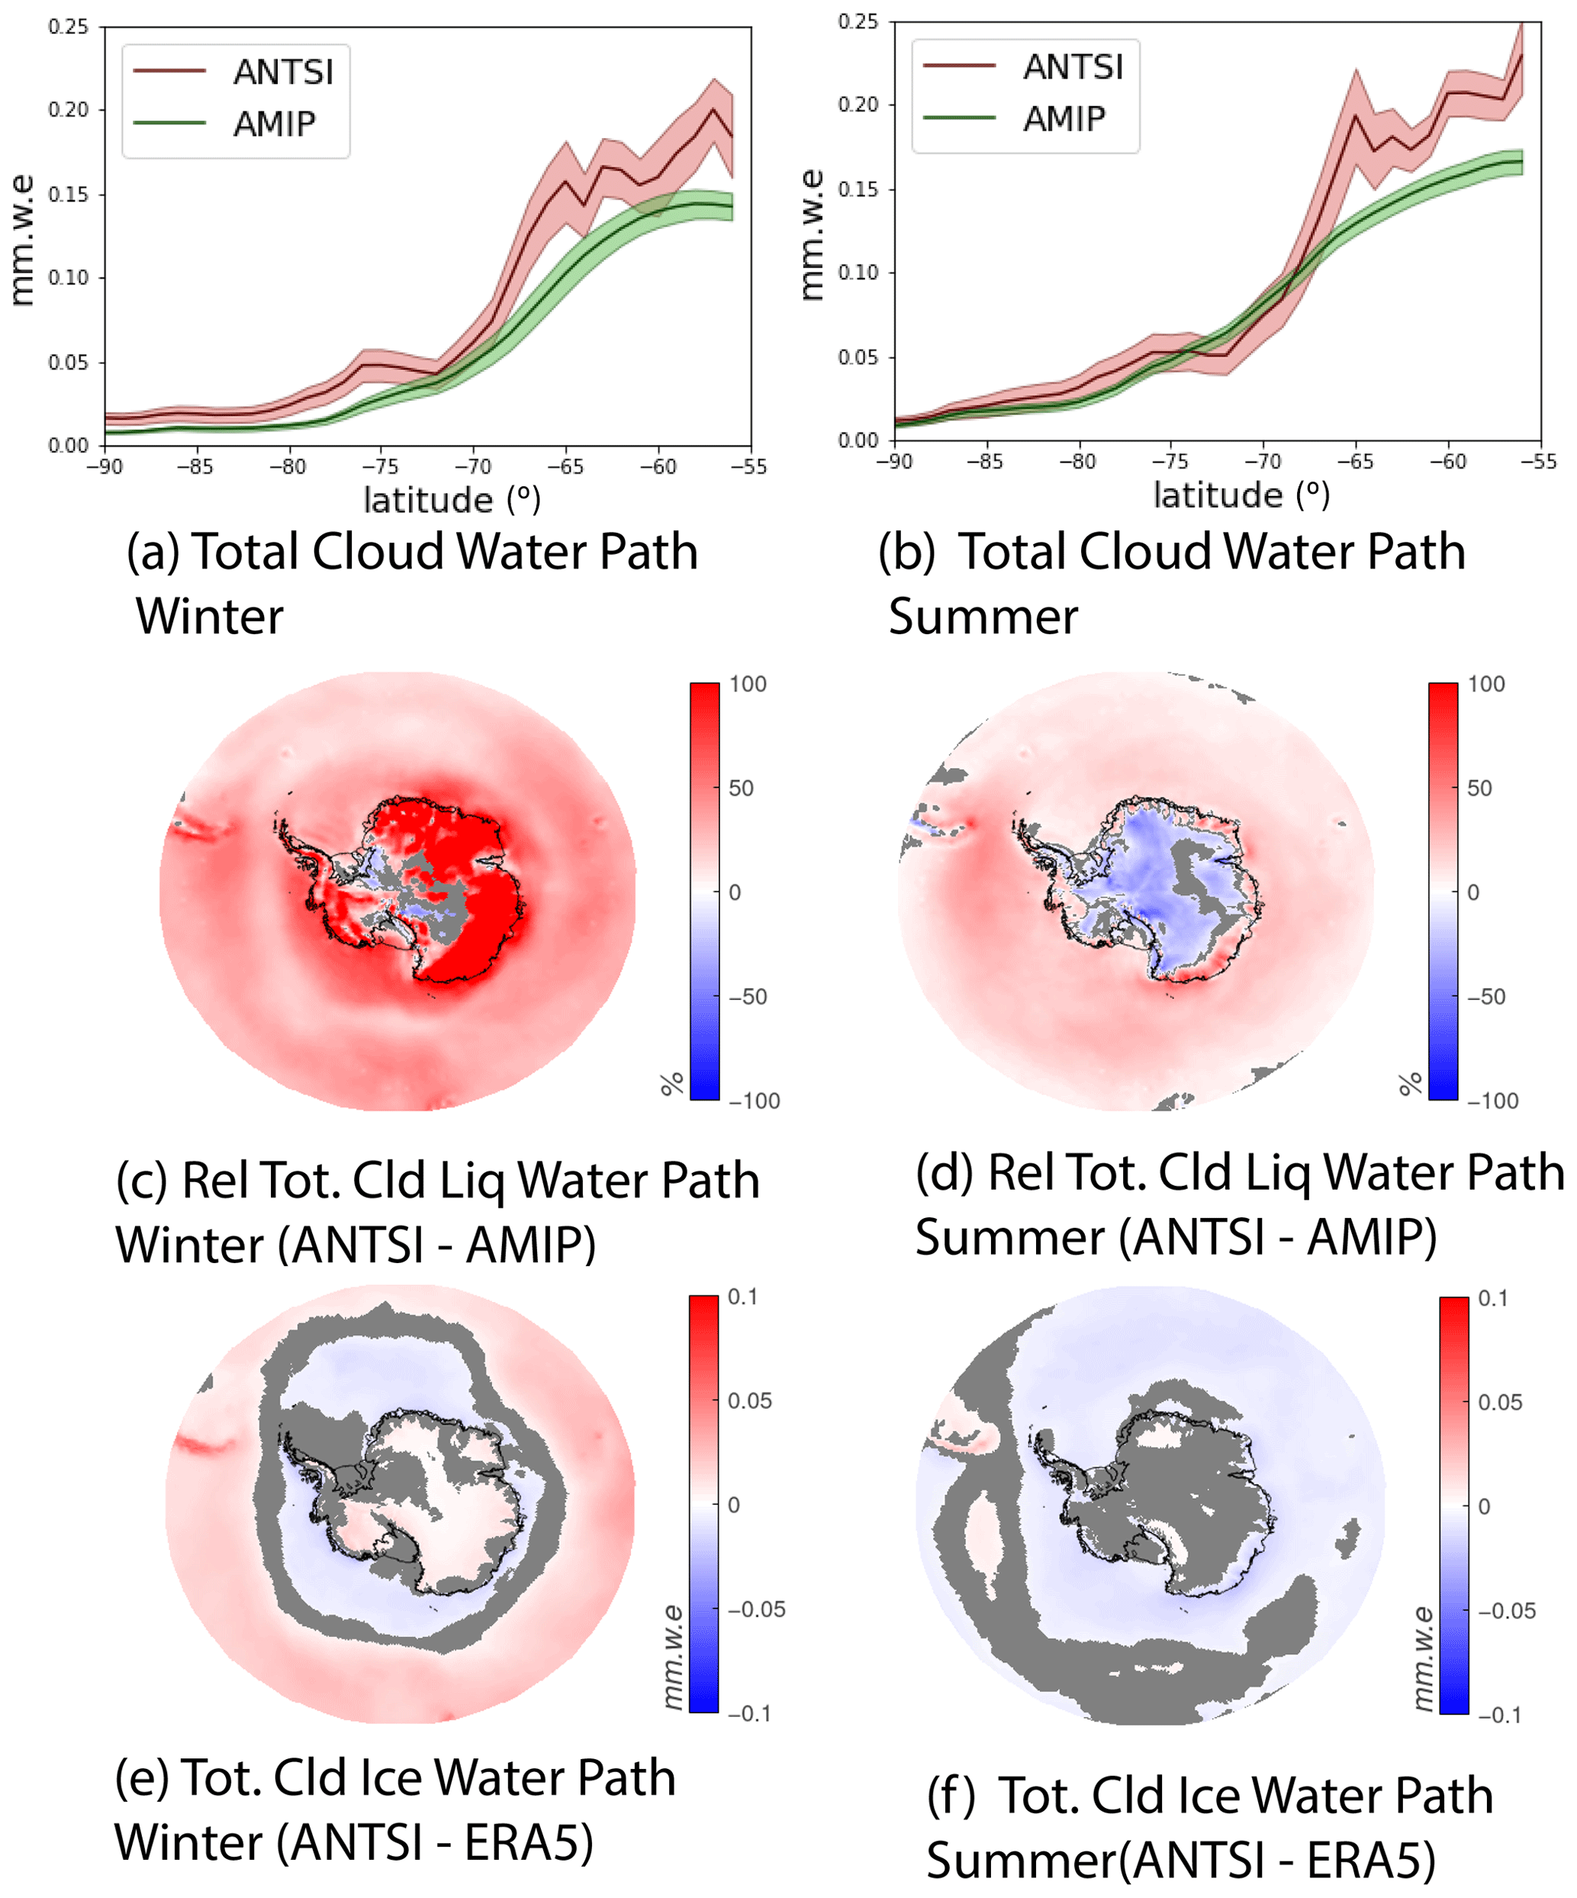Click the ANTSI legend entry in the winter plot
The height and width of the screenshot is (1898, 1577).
[283, 72]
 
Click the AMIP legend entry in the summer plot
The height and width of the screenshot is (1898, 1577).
[1064, 118]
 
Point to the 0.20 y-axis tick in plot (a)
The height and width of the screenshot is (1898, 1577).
[69, 109]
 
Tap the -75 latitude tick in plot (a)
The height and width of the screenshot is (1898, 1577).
[381, 466]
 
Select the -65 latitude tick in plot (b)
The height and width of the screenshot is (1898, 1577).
[1355, 462]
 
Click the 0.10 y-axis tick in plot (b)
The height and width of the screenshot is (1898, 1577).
[858, 272]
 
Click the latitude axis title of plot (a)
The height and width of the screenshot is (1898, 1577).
[452, 500]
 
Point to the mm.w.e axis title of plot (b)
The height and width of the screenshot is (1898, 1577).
[813, 235]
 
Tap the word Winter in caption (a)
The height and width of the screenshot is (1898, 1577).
[210, 617]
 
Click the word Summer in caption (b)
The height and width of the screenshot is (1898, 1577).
[983, 617]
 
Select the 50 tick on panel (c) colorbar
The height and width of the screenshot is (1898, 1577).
[741, 788]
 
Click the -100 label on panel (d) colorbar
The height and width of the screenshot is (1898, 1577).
[1492, 1100]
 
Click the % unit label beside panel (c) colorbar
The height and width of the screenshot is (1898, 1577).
[671, 1084]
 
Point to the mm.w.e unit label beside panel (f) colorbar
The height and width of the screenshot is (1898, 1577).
[1422, 1658]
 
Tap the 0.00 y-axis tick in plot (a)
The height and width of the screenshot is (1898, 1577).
[69, 446]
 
